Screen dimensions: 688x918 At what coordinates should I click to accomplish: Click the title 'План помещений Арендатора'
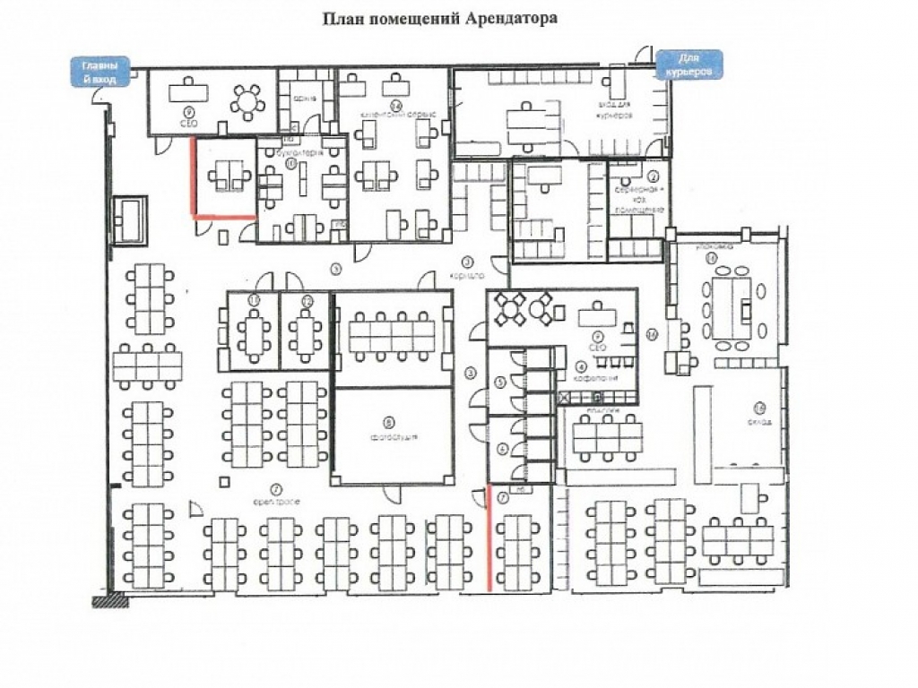click(x=440, y=18)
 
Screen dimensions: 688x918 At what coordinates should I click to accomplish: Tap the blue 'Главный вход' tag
click(x=101, y=72)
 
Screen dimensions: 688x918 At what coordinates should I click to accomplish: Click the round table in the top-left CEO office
click(x=247, y=100)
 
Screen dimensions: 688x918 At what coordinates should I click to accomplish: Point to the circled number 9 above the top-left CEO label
click(x=189, y=113)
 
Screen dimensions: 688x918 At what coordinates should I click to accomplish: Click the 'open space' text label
click(x=274, y=501)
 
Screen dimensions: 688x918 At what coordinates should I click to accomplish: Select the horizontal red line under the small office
click(x=224, y=216)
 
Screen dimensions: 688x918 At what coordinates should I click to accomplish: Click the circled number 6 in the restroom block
click(x=501, y=450)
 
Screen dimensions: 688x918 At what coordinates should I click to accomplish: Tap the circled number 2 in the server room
click(x=654, y=176)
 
